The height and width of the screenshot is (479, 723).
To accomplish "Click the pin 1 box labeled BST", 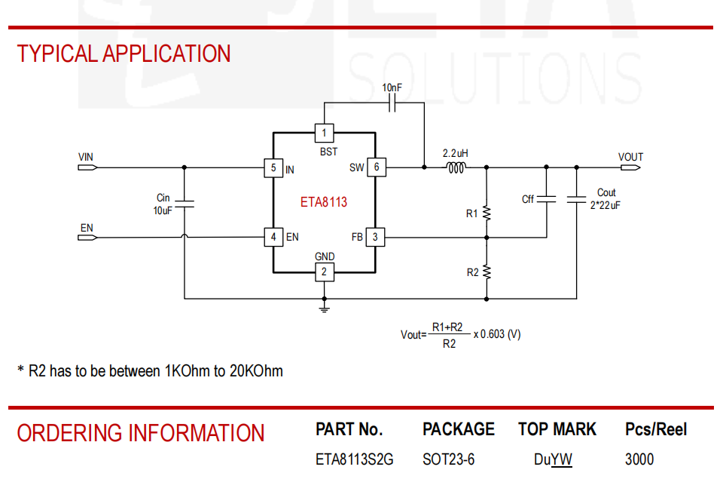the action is [x=324, y=133].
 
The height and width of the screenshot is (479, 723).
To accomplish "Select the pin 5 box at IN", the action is [x=273, y=167].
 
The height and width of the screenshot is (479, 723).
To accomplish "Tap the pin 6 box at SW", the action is [x=377, y=167].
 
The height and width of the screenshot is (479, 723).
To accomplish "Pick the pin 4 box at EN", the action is [x=273, y=237].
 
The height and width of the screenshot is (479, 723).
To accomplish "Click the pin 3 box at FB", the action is [x=375, y=237].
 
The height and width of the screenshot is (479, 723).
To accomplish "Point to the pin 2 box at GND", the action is [x=324, y=272].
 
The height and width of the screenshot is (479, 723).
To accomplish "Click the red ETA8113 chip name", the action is [x=324, y=202].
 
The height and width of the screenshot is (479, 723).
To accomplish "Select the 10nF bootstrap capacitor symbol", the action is [x=392, y=103].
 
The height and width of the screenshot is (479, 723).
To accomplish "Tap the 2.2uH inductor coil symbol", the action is [x=456, y=167].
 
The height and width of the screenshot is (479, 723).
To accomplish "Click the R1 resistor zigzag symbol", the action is [x=487, y=213].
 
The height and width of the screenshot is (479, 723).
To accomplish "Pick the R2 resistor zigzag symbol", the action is [x=487, y=272].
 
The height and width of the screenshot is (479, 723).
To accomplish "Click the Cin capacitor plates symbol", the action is [x=185, y=204].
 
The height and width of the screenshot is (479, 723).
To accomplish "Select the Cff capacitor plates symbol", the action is [x=547, y=199].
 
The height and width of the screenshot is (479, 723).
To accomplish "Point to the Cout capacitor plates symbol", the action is [x=576, y=199].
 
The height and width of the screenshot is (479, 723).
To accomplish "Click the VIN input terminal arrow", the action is [x=87, y=167].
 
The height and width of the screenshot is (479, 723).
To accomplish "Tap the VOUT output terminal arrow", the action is [x=630, y=167].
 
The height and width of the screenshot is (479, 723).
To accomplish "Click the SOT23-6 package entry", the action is [x=449, y=459].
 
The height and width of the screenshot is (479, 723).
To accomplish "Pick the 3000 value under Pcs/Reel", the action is [x=639, y=459].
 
